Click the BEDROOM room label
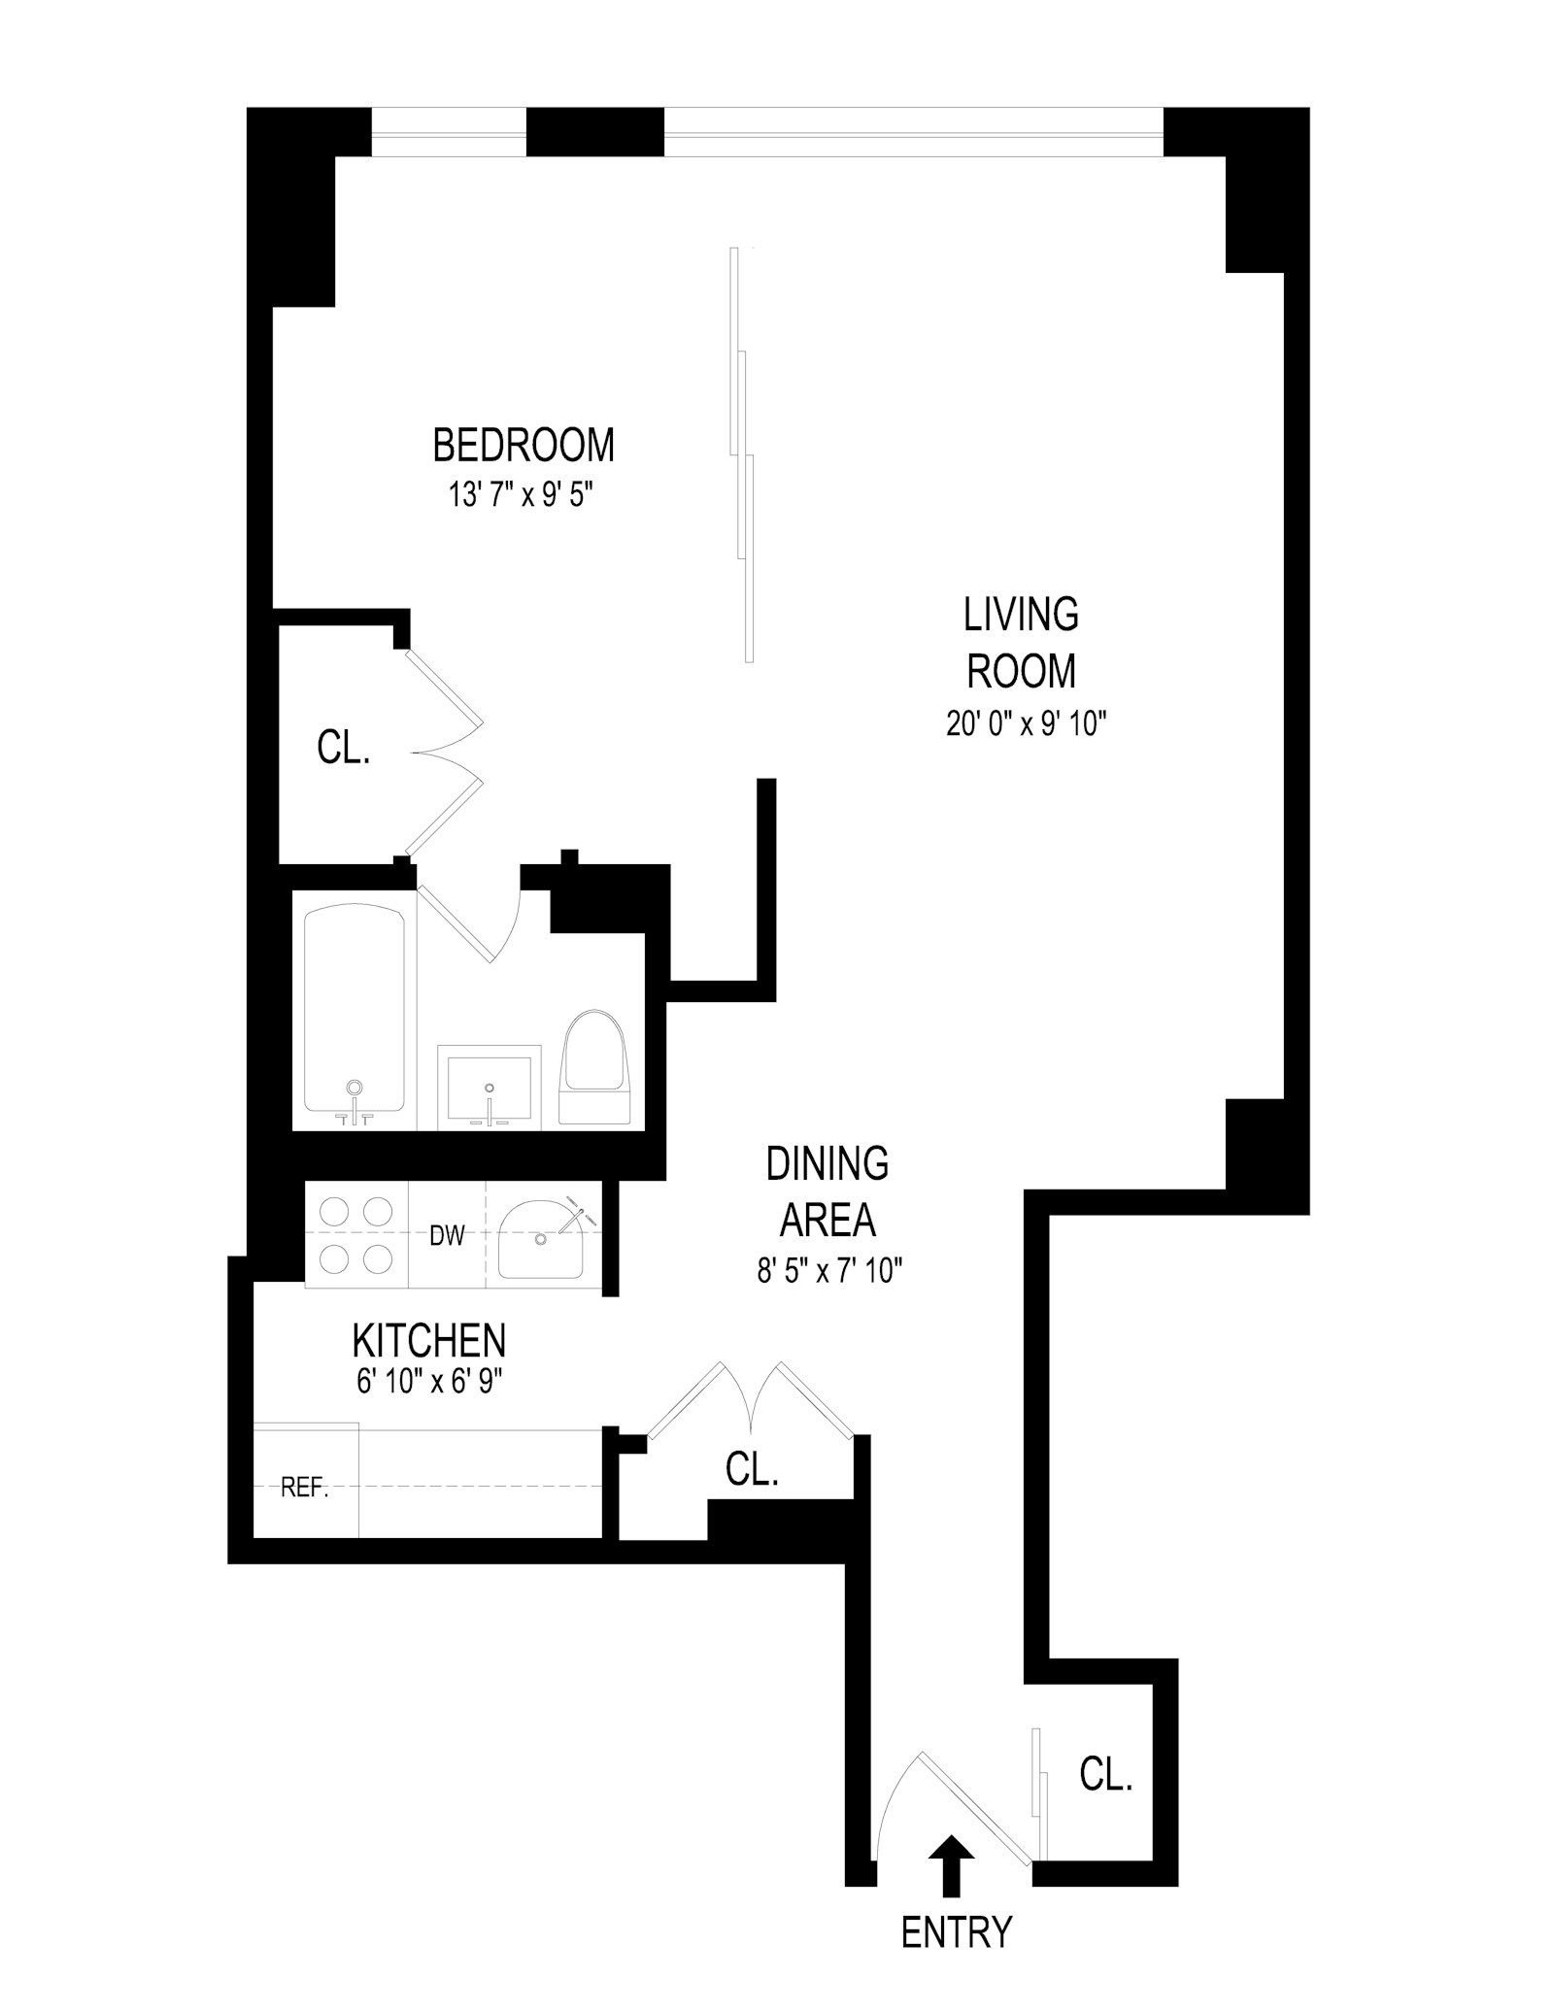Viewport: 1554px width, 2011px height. pos(523,446)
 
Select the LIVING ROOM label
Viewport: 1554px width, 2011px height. pos(1021,642)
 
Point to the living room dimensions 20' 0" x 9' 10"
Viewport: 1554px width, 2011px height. pos(1027,723)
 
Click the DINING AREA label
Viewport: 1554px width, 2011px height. pos(828,1191)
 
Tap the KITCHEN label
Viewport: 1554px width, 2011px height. pos(428,1341)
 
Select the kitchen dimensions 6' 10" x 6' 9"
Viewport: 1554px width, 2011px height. pos(428,1382)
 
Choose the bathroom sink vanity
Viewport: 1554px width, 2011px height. pos(489,1087)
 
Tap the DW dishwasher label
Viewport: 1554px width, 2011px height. pos(447,1236)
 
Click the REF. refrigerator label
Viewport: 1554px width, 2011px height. pos(305,1489)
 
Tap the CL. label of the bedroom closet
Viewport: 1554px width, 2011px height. pos(344,749)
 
